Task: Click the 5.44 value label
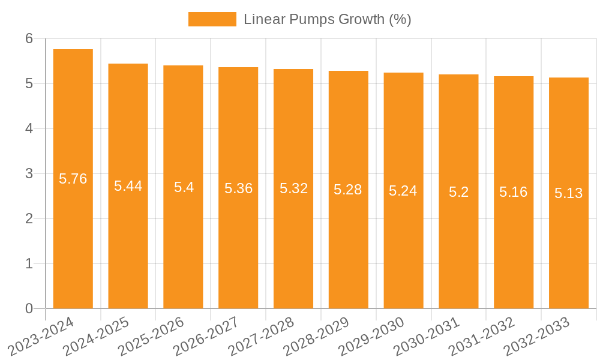128,186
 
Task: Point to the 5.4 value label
184,187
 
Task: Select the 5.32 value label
293,188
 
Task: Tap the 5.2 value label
458,192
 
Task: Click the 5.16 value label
514,192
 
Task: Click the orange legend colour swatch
212,19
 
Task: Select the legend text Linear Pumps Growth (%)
327,19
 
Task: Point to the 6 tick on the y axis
29,38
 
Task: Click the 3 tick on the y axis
29,173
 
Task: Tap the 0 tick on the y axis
29,308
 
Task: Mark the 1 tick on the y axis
29,263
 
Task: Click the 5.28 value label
348,190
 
